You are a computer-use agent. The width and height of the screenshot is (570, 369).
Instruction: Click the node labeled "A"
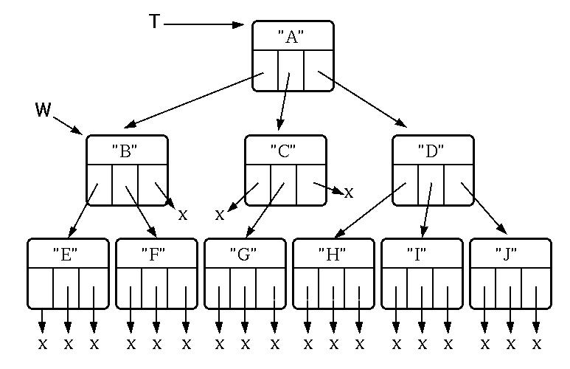click(293, 56)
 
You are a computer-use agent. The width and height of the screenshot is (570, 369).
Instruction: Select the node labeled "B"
click(127, 170)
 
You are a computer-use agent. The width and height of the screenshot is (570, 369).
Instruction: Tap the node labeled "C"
click(285, 170)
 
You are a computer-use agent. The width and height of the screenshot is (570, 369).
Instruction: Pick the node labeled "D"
click(432, 170)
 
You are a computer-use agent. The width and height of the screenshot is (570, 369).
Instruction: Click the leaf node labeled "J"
click(510, 272)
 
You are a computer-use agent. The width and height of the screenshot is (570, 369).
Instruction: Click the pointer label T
click(154, 22)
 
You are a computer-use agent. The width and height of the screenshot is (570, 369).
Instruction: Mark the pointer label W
click(44, 111)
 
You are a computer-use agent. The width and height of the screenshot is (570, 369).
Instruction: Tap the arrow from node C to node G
click(263, 210)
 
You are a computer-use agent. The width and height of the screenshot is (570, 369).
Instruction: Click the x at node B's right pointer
click(183, 215)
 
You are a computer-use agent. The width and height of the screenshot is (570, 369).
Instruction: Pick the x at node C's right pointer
click(349, 193)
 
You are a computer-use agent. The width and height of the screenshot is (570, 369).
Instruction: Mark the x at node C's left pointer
click(220, 215)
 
